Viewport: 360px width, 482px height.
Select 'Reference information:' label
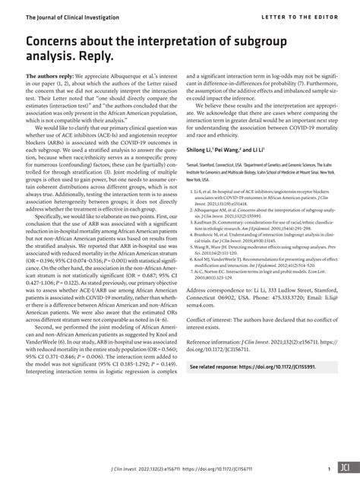tap(223, 365)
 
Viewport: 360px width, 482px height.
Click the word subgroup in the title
tap(287, 39)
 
